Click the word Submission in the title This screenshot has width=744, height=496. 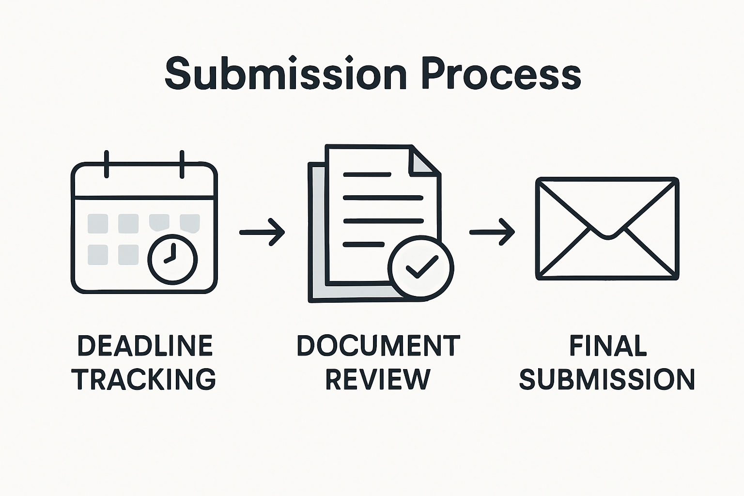point(285,74)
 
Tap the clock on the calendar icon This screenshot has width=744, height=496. point(172,259)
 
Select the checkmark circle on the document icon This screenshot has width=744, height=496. point(421,266)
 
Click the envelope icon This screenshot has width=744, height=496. point(607,229)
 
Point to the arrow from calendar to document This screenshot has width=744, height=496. point(262,232)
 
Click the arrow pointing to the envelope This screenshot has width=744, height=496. point(492,232)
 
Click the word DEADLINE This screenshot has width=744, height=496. point(145,346)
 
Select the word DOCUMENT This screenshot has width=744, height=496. point(378,346)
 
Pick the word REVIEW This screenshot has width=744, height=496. point(378,379)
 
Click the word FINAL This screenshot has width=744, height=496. point(608,346)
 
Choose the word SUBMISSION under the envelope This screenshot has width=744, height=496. point(607,379)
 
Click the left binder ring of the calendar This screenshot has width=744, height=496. point(107,164)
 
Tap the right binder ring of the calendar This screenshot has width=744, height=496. point(182,164)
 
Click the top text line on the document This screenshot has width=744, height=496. point(367,174)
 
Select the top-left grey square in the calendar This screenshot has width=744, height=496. point(98,223)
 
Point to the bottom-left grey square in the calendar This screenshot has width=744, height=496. point(98,255)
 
